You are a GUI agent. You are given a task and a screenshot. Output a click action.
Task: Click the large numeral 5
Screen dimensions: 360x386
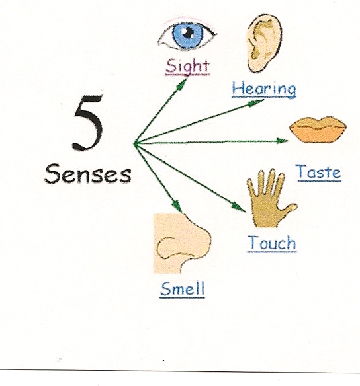[88, 122]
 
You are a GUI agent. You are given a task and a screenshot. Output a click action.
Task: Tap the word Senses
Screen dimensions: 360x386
[88, 174]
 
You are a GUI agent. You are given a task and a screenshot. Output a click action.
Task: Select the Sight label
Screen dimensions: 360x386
[187, 66]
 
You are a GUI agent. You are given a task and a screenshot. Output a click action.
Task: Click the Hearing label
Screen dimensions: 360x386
[264, 89]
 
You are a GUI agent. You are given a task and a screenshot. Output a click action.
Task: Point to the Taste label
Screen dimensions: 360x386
[320, 172]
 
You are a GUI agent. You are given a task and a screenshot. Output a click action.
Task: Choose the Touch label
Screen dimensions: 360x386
[272, 243]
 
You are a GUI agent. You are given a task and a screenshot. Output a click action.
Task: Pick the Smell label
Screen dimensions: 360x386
[182, 289]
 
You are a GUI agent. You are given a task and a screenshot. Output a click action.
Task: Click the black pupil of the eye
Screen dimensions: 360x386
[188, 33]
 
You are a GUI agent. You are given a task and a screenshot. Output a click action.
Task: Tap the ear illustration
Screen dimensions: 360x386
[264, 43]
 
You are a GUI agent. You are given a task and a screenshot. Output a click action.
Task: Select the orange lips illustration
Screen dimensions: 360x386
[318, 130]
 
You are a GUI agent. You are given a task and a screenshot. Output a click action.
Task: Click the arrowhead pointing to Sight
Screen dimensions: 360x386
[182, 83]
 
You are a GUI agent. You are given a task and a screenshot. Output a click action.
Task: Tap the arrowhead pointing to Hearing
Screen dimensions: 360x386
[255, 102]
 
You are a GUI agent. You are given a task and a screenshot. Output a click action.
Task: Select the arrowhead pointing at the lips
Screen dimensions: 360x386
[282, 141]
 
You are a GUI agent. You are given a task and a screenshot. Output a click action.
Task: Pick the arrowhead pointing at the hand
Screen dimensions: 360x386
[238, 207]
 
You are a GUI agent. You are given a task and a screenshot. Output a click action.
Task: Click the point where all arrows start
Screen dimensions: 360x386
[134, 143]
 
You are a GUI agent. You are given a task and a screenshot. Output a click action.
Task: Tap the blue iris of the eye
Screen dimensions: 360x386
[188, 35]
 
